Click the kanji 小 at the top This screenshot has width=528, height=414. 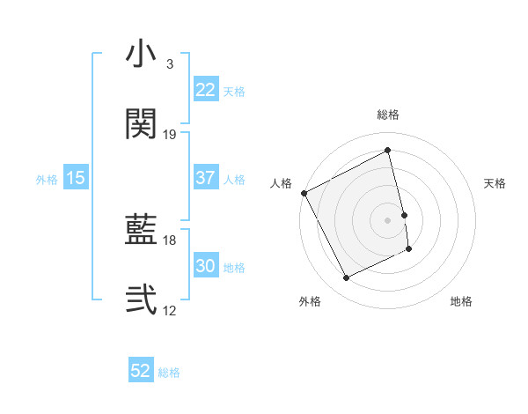click(x=141, y=55)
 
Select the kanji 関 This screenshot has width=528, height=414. click(x=141, y=123)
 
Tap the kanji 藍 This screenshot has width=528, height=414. click(x=141, y=231)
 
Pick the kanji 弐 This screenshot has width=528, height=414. click(x=141, y=300)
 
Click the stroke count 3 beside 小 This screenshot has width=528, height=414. click(x=169, y=64)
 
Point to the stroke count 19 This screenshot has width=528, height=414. click(x=170, y=135)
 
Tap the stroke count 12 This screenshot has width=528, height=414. click(x=170, y=311)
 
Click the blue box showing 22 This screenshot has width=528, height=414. click(x=206, y=90)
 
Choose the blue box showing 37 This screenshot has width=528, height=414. click(x=206, y=178)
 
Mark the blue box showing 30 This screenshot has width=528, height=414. click(x=206, y=266)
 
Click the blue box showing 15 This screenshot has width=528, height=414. click(x=76, y=178)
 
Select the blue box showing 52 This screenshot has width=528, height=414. click(x=141, y=371)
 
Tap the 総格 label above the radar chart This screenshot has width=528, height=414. click(x=388, y=115)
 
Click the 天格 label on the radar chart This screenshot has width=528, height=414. click(x=495, y=183)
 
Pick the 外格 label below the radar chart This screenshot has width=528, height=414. click(x=310, y=302)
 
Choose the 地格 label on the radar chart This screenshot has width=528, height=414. click(x=461, y=302)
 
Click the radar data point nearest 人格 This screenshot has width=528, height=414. click(x=304, y=193)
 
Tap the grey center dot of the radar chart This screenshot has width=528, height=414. click(x=388, y=219)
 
